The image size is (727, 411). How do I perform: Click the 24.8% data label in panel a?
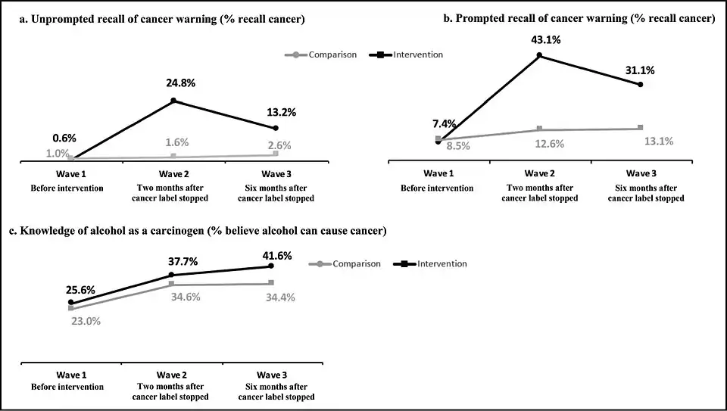point(180,83)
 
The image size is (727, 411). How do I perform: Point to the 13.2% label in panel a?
point(281,112)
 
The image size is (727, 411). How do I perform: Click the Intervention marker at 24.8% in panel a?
point(173,101)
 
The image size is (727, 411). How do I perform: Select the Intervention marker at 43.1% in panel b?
point(539,55)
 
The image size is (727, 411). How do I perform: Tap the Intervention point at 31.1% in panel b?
point(641,85)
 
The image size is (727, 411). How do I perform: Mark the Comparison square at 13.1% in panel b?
point(641,127)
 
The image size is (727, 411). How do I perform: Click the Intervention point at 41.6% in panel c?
point(271,266)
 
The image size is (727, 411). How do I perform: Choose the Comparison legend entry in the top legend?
point(322,54)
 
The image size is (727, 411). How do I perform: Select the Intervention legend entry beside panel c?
point(431,263)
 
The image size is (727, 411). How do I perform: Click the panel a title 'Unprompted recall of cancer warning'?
point(162,20)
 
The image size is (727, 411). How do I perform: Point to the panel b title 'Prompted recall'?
point(580,20)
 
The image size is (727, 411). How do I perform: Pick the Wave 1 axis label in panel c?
point(72,375)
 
